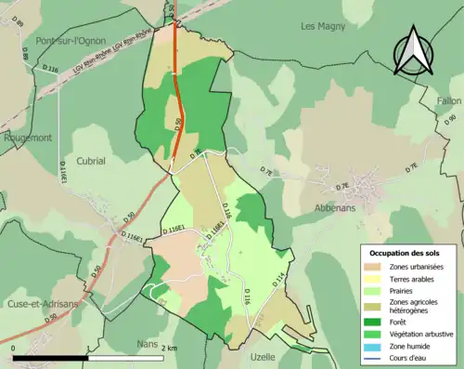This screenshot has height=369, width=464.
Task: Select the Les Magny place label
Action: (x=322, y=27)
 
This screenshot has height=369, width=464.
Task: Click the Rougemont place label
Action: (x=27, y=138)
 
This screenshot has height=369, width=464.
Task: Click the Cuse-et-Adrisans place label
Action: (x=42, y=303)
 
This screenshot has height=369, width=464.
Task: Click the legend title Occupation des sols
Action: (x=405, y=253)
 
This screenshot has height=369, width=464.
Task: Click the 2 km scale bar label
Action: (x=170, y=348)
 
